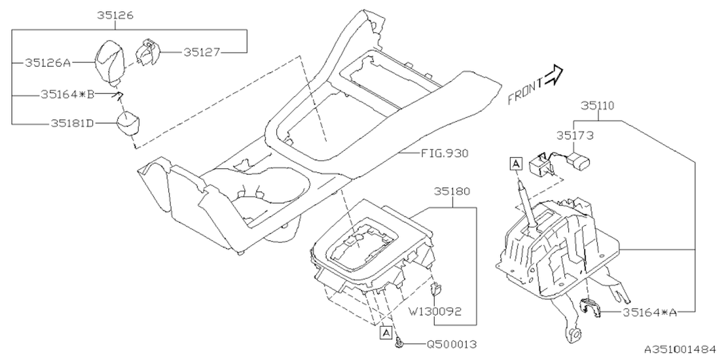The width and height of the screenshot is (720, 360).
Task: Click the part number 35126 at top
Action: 114,15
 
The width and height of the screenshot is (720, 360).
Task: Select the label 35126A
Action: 47,63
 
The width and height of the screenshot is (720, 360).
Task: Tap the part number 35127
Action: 201,52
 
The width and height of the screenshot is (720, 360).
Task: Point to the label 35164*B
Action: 67,94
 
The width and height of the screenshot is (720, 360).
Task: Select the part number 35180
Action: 452,191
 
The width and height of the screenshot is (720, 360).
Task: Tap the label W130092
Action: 436,311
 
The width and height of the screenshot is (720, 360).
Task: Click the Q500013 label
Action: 453,343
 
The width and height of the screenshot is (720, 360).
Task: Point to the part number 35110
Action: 597,105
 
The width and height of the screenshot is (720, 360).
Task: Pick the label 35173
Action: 575,135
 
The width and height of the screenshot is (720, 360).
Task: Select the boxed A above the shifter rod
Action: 516,163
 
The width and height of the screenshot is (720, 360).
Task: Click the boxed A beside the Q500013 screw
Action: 386,332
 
